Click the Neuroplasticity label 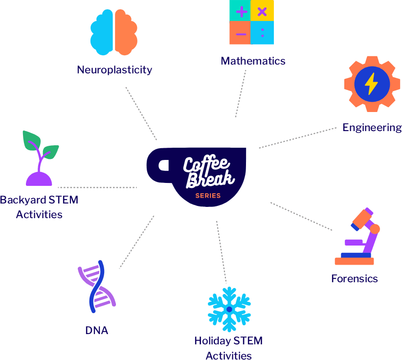[x=114, y=70]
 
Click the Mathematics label [x=253, y=61]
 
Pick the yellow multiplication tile [x=262, y=11]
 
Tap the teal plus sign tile [x=241, y=11]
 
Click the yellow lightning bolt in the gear [x=371, y=84]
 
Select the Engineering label [x=372, y=128]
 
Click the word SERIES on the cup [x=208, y=196]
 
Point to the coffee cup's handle [x=158, y=165]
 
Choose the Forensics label [x=355, y=279]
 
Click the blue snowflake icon [x=229, y=309]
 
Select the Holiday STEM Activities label [x=228, y=347]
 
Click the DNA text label [x=97, y=331]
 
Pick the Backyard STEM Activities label [x=39, y=207]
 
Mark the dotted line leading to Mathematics [x=240, y=93]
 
